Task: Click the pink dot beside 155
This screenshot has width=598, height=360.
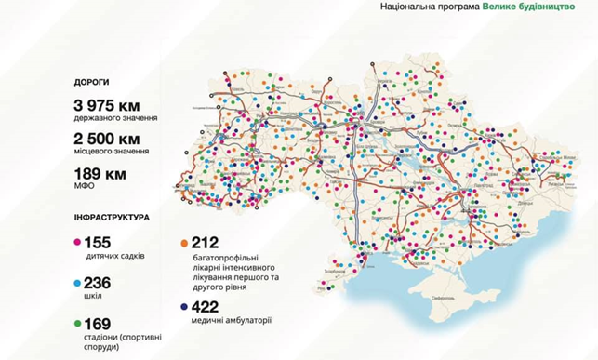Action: click(77, 242)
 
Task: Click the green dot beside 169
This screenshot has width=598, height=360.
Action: click(77, 324)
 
